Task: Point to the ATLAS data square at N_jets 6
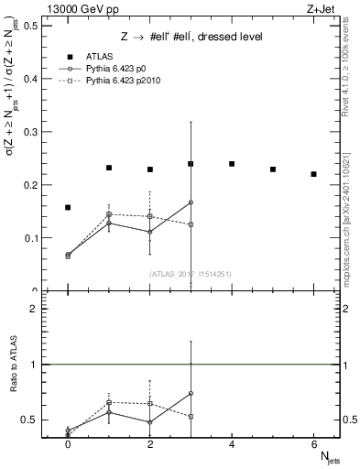[x=313, y=174]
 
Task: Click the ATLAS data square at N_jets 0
[x=68, y=208]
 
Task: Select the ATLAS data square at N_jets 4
[x=232, y=164]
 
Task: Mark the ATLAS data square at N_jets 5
[x=273, y=169]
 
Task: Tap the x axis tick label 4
[x=232, y=443]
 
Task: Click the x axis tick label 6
[x=313, y=443]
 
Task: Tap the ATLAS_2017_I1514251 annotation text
[x=191, y=273]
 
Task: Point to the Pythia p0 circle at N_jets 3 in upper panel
[x=191, y=202]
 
